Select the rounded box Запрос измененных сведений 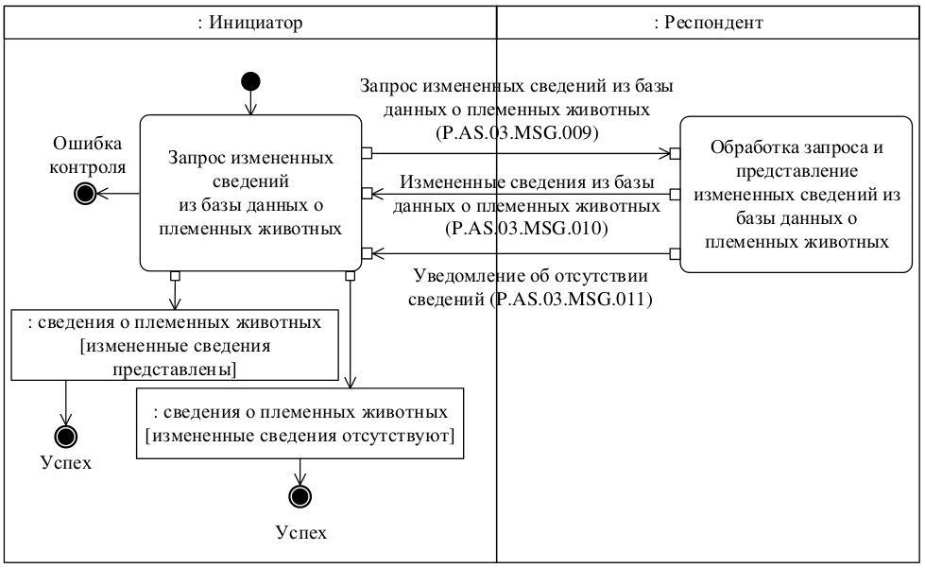tap(250, 193)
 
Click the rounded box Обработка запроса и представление tap(800, 193)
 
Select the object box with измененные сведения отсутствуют tap(300, 422)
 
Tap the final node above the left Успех tap(67, 437)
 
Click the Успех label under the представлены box tap(67, 465)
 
